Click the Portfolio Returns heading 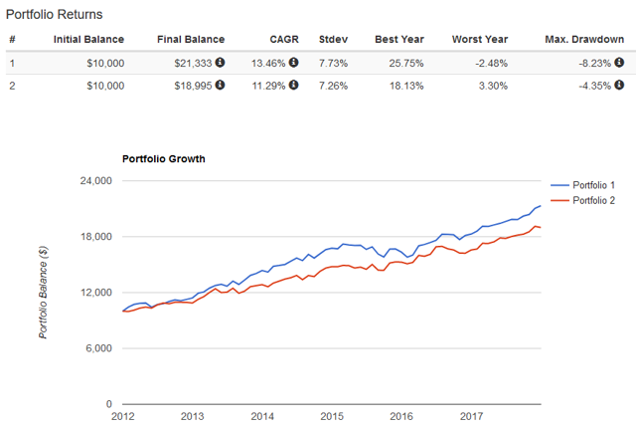click(55, 15)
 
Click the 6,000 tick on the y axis click(97, 348)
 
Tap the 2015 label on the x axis click(332, 417)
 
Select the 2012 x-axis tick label click(122, 417)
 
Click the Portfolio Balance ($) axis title click(44, 293)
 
